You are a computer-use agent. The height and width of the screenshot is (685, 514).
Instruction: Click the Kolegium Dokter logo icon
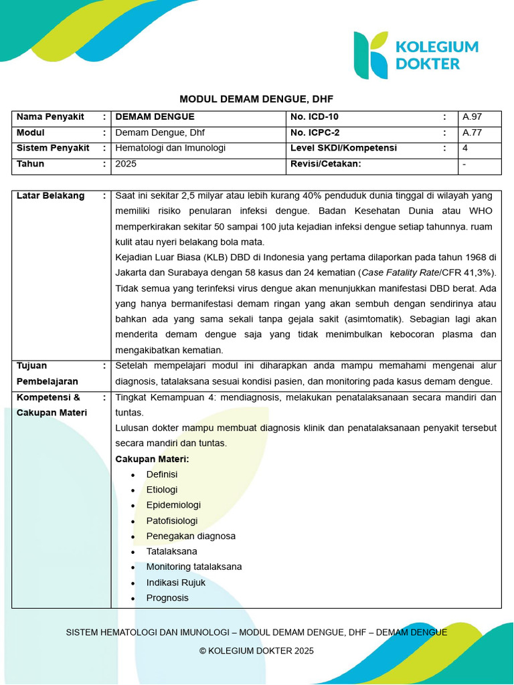click(x=370, y=55)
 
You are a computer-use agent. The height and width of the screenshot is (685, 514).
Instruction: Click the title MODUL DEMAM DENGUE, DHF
click(x=256, y=98)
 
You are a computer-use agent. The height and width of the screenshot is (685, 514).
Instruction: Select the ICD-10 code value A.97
click(x=472, y=117)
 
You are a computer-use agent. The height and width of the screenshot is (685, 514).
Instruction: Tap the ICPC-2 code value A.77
click(x=472, y=132)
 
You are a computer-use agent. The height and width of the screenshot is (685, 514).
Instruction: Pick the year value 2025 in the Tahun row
click(x=126, y=163)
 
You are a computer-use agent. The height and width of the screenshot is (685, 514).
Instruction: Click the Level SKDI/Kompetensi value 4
click(x=465, y=148)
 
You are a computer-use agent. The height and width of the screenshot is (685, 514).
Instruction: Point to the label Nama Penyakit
click(x=50, y=117)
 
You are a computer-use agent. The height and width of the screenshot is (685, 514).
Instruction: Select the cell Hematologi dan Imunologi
click(x=171, y=148)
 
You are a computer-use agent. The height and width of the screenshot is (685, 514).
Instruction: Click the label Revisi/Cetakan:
click(x=326, y=163)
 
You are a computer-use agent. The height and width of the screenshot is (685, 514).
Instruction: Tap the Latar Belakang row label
click(x=50, y=196)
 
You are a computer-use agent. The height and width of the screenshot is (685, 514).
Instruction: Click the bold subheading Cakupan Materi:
click(x=152, y=459)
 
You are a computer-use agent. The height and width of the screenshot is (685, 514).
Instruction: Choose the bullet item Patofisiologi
click(x=172, y=520)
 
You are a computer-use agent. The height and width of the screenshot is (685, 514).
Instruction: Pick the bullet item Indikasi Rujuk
click(x=176, y=583)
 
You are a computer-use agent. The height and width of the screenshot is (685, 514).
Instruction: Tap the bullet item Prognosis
click(x=167, y=598)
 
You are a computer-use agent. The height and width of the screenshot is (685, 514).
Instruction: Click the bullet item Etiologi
click(x=162, y=490)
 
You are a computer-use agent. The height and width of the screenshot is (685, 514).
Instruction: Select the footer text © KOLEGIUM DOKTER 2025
click(x=256, y=651)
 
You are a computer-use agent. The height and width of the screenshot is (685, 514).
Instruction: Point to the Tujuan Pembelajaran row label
click(x=47, y=373)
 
